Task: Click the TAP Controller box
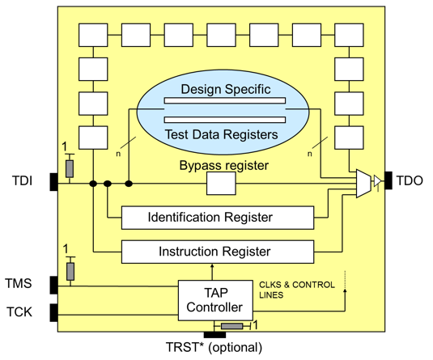(215, 300)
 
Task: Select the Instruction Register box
(218, 252)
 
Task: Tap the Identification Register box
(218, 218)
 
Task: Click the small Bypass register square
(221, 184)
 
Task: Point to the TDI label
(23, 181)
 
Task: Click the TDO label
(410, 181)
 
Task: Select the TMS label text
(19, 283)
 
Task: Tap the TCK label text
(19, 312)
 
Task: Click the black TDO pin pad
(388, 180)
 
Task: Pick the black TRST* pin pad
(214, 335)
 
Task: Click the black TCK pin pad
(54, 313)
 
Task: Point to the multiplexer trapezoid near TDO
(363, 184)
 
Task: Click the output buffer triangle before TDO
(377, 181)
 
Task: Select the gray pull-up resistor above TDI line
(70, 169)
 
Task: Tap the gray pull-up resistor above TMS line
(70, 271)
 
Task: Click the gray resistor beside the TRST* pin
(232, 326)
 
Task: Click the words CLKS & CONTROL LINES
(297, 290)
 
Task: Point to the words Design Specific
(226, 89)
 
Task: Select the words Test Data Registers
(222, 134)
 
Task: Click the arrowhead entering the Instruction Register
(212, 265)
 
